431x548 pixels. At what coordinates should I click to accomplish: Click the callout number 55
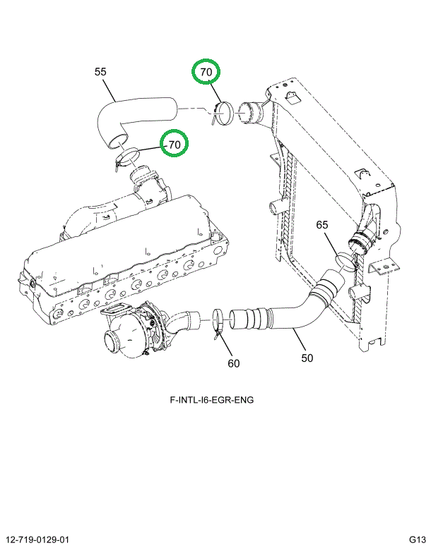pyautogui.click(x=100, y=72)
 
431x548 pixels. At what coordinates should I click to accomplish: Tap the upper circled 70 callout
pyautogui.click(x=206, y=72)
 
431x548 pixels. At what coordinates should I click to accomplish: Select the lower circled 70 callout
pyautogui.click(x=175, y=144)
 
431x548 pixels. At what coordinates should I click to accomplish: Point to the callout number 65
pyautogui.click(x=321, y=224)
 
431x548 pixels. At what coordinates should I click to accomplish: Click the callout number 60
pyautogui.click(x=234, y=363)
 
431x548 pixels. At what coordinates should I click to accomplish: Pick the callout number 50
pyautogui.click(x=307, y=358)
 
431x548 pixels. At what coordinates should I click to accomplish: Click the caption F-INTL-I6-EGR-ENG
pyautogui.click(x=212, y=399)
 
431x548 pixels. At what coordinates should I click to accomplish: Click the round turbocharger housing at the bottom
pyautogui.click(x=122, y=337)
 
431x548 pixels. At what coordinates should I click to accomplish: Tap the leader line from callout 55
pyautogui.click(x=110, y=90)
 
